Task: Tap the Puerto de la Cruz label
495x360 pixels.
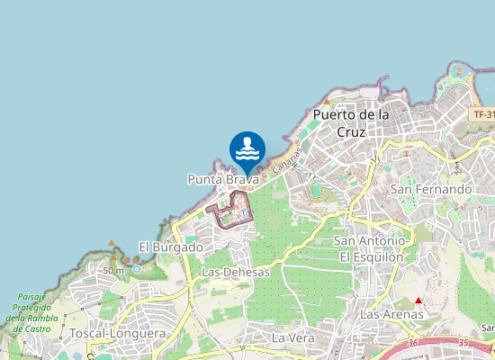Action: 351,123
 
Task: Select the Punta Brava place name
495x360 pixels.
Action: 223,180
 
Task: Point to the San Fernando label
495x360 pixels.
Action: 431,189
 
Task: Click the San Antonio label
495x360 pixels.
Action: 369,241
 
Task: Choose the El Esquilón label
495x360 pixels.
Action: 372,256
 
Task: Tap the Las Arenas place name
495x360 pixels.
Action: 391,315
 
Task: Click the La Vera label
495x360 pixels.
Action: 292,337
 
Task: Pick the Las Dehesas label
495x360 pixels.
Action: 236,271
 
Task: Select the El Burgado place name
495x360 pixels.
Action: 170,246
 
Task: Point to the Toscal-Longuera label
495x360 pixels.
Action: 117,333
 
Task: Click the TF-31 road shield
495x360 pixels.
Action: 483,115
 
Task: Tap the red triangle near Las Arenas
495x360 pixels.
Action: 418,300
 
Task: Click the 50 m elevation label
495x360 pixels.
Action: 113,270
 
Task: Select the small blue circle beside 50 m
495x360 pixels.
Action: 136,269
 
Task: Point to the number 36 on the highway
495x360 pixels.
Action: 413,343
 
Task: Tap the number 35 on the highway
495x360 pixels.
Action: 464,343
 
